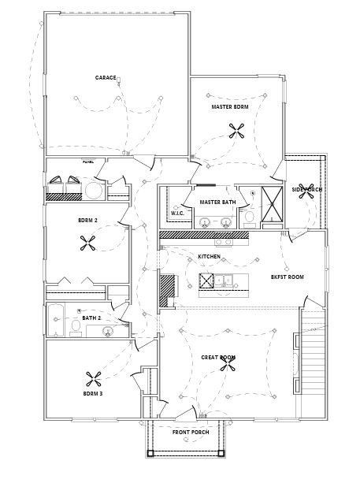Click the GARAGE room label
(x=106, y=77)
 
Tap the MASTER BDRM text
(x=230, y=106)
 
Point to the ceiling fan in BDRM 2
(x=87, y=245)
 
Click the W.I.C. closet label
(x=177, y=214)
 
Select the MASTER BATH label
(x=217, y=202)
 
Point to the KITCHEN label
(x=209, y=257)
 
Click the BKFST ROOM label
(x=288, y=277)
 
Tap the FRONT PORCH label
(x=191, y=431)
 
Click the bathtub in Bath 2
(x=57, y=324)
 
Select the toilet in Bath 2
(x=76, y=326)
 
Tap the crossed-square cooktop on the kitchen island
(x=206, y=281)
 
